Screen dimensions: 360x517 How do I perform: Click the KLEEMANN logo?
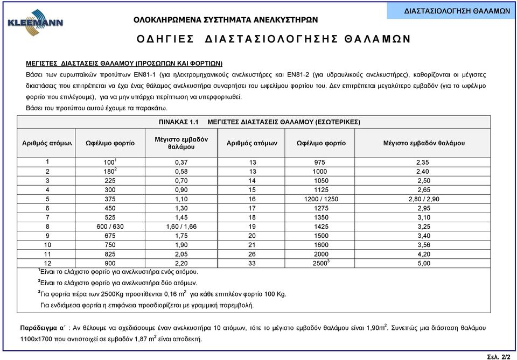pos(35,24)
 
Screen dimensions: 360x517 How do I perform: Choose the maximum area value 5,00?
pos(425,264)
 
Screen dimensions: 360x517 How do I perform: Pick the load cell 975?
pos(322,163)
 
